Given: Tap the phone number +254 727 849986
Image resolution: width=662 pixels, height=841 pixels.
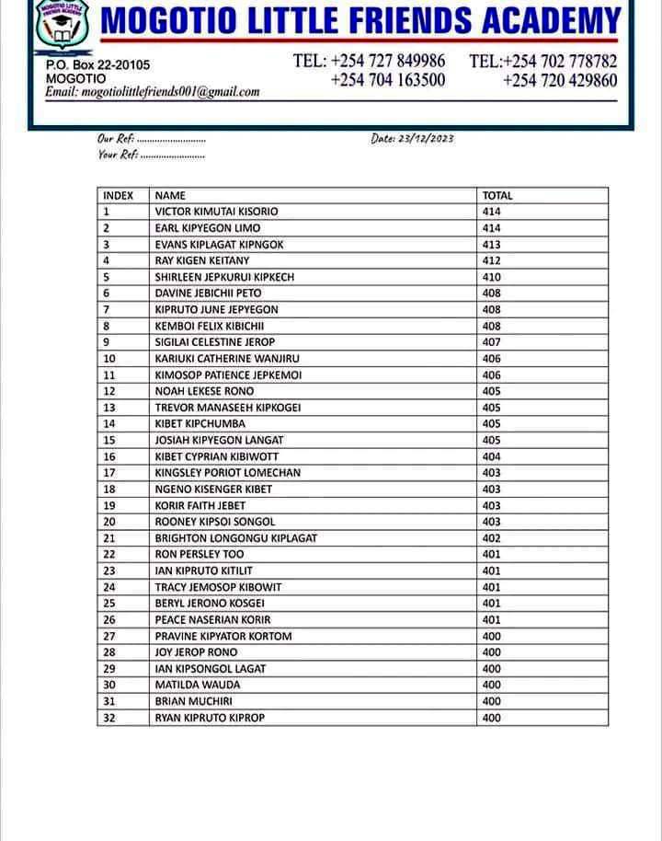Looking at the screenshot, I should coord(370,61).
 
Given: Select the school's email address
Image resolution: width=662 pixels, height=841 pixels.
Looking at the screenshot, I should coord(153,92).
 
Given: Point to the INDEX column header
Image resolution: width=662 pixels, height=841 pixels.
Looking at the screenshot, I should coord(119,195).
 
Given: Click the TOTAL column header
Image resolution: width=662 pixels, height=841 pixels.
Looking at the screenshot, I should coord(497,195).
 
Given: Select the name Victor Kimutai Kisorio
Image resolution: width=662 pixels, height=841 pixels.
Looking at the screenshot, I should coord(216,212).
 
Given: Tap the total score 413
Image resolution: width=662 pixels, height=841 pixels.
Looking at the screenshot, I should coord(492,245).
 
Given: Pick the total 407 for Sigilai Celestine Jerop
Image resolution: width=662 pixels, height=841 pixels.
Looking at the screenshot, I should coord(492,342).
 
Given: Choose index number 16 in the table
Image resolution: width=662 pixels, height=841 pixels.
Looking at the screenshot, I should coord(109,456).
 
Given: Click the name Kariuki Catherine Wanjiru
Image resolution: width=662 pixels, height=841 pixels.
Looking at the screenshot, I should coord(227,359).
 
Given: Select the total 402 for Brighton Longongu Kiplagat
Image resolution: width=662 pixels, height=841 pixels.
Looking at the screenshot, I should coord(492,538).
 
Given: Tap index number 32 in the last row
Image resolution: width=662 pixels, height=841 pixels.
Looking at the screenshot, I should coord(109,718).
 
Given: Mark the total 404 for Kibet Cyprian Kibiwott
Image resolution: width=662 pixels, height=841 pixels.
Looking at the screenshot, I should coord(492,456).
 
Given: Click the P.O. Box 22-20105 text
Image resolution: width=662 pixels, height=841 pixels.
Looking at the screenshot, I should coord(97,65).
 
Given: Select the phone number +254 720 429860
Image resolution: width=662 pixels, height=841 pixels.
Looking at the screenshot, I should coord(560,80).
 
